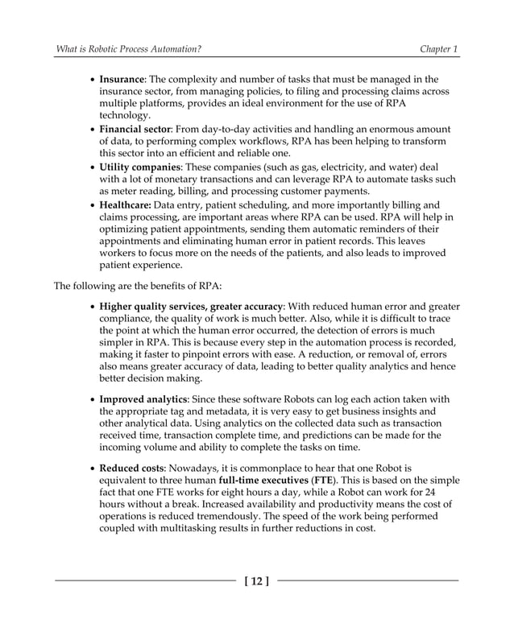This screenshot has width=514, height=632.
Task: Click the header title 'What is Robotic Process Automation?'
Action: [127, 50]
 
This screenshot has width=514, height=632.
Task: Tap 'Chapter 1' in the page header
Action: [439, 50]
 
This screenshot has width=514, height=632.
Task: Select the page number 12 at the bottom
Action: [257, 580]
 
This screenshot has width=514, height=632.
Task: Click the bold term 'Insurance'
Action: [122, 80]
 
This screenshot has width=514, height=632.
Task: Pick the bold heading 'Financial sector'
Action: [135, 129]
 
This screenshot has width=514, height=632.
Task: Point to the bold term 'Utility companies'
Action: [139, 167]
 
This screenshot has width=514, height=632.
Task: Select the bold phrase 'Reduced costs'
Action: [132, 468]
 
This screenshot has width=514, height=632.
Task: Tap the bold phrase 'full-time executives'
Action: [266, 481]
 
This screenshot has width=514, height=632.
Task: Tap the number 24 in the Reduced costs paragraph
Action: [430, 493]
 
